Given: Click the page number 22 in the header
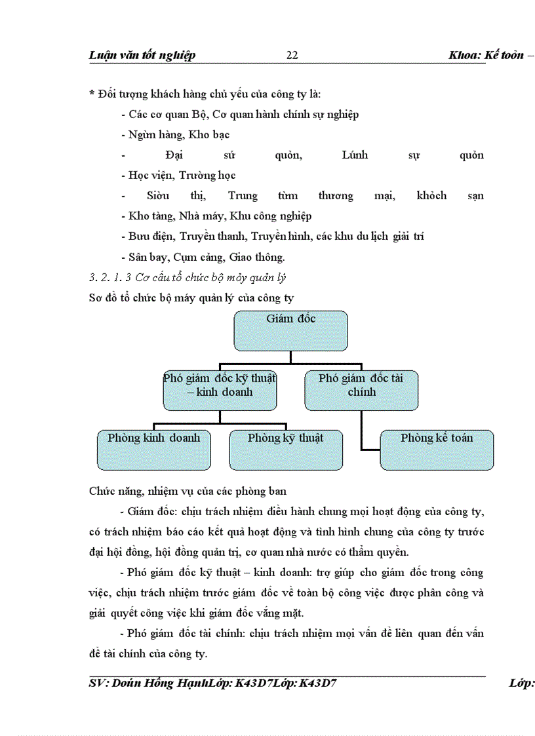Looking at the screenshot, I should click(x=292, y=56).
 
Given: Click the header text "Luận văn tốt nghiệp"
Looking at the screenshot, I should click(x=142, y=56).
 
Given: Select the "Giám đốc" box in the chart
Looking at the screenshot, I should click(x=290, y=331).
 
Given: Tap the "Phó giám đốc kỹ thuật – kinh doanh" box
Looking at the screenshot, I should click(x=220, y=391).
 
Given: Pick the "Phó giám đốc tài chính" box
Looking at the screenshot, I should click(x=361, y=391).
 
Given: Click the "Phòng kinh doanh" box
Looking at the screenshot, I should click(x=154, y=450).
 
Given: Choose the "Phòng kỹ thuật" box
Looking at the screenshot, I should click(x=285, y=450).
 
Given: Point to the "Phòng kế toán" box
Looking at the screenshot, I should click(x=437, y=450).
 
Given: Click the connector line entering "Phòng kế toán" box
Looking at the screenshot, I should click(x=370, y=450).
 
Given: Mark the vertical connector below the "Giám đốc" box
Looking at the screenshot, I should click(x=290, y=357).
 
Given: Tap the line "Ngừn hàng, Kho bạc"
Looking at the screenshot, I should click(x=178, y=135).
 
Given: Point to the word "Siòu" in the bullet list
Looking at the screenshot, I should click(x=158, y=196).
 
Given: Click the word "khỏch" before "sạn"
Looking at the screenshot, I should click(x=431, y=196).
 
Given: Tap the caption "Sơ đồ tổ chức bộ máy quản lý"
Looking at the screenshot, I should click(x=191, y=298).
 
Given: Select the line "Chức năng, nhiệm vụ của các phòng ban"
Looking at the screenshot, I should click(x=187, y=491).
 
